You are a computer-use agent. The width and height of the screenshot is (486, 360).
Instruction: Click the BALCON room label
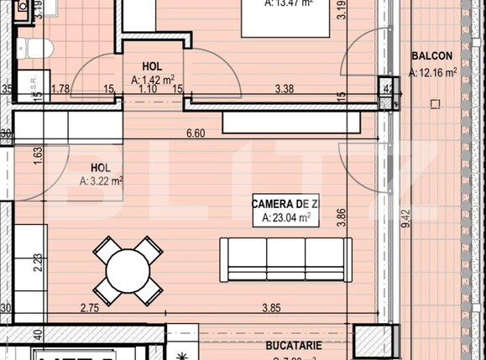(432, 56)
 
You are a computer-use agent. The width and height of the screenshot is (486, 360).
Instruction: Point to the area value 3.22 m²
(102, 180)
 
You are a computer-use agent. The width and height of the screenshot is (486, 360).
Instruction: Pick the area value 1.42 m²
(152, 81)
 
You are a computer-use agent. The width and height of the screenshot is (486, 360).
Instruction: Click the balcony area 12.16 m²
(432, 73)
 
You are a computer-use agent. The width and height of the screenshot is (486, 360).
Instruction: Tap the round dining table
(128, 270)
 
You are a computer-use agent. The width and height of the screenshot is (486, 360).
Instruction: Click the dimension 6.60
(195, 133)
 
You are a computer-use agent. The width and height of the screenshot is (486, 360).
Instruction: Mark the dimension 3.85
(270, 309)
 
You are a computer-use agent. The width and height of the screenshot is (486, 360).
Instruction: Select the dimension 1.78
(60, 87)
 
